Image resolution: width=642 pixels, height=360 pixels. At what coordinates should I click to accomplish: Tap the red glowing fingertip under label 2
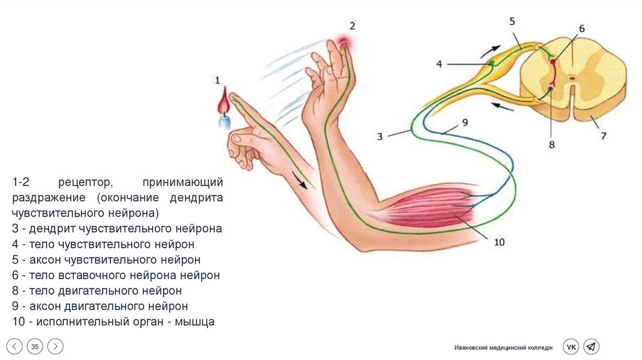(x=344, y=43)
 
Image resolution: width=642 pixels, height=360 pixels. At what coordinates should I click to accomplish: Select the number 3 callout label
(x=379, y=135)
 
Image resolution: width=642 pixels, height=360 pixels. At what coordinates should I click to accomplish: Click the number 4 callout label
(x=439, y=63)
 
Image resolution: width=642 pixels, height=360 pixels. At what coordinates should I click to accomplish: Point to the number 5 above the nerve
(x=512, y=21)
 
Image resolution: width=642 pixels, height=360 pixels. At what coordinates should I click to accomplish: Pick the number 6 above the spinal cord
(x=581, y=29)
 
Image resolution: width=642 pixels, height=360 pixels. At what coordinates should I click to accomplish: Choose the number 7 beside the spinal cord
(x=604, y=135)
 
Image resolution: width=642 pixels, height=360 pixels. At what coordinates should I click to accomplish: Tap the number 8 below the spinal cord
(x=552, y=144)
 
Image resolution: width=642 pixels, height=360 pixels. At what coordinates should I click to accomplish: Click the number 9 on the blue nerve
(x=465, y=122)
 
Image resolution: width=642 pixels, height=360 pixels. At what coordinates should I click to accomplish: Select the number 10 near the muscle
(x=499, y=241)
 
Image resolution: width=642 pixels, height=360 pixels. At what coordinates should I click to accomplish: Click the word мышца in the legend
(x=194, y=322)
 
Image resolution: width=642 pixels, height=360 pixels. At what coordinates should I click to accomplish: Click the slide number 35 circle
(x=35, y=347)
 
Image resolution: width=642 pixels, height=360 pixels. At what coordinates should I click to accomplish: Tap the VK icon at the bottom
(x=571, y=347)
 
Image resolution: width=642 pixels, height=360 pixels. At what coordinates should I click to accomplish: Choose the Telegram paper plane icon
(x=591, y=347)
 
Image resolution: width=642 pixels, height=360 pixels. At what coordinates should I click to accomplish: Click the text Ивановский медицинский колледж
(x=504, y=347)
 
